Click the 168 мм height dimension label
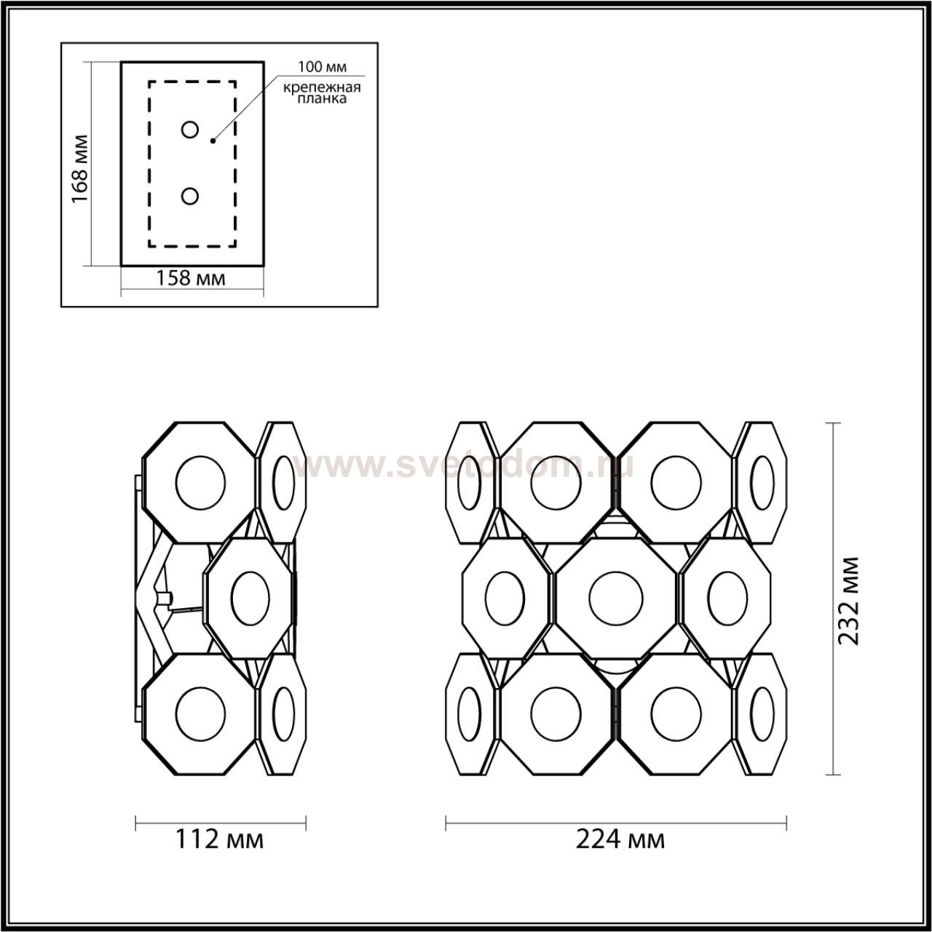(79, 168)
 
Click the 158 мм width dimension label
(191, 278)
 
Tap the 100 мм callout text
(322, 67)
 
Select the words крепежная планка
(322, 93)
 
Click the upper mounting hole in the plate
(190, 130)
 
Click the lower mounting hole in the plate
(190, 197)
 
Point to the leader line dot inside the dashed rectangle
(213, 141)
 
